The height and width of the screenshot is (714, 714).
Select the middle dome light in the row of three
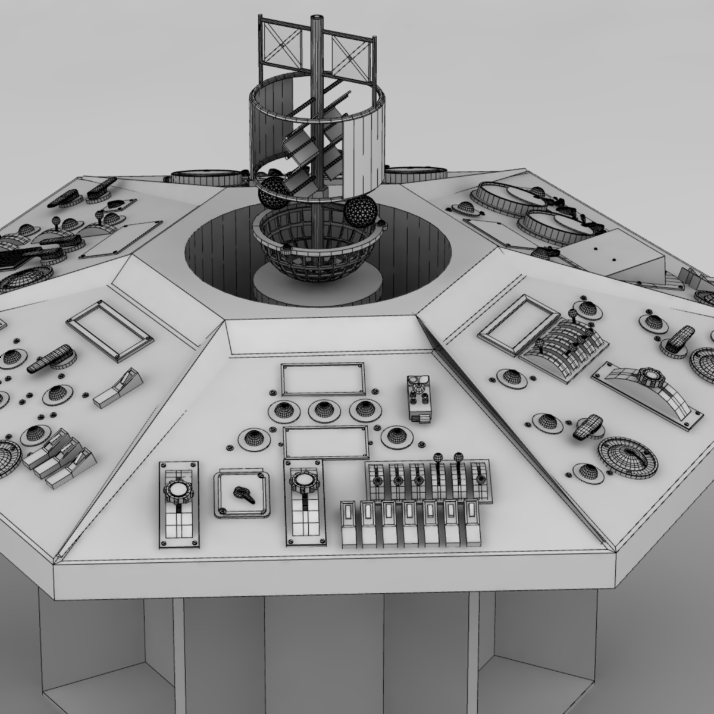tap(322, 409)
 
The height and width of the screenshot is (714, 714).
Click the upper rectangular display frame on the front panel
tap(323, 380)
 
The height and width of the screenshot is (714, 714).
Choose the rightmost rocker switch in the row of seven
tap(472, 521)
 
